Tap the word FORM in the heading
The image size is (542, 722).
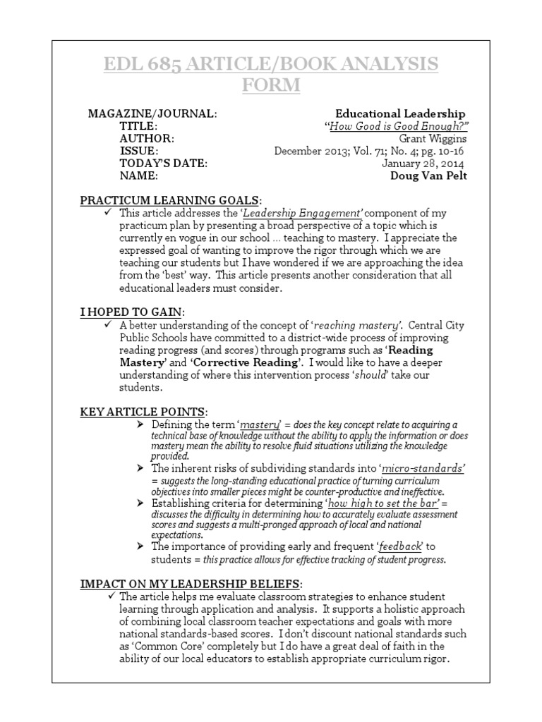(x=271, y=85)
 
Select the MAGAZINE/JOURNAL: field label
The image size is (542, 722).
(x=152, y=114)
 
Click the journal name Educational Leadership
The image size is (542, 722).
(x=400, y=114)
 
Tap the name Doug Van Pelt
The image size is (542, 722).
(x=428, y=176)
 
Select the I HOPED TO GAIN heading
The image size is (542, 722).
(x=133, y=312)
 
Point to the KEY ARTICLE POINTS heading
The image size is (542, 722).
(x=144, y=410)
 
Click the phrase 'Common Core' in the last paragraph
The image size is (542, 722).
(x=167, y=646)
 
